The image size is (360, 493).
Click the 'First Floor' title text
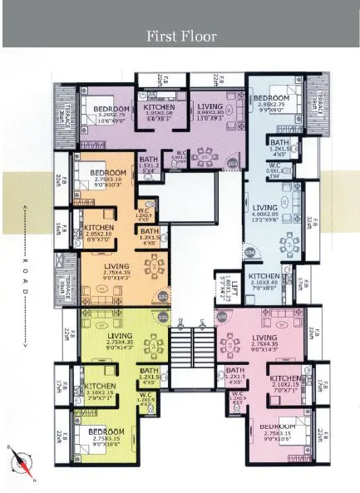coord(180,36)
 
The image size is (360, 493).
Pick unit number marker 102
coord(163,296)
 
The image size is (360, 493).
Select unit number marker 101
coord(163,317)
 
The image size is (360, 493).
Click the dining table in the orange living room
coord(154,268)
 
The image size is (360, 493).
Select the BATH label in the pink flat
coord(235,370)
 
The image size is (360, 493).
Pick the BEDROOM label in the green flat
coord(108,431)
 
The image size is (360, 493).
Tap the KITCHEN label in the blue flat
coord(264,276)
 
